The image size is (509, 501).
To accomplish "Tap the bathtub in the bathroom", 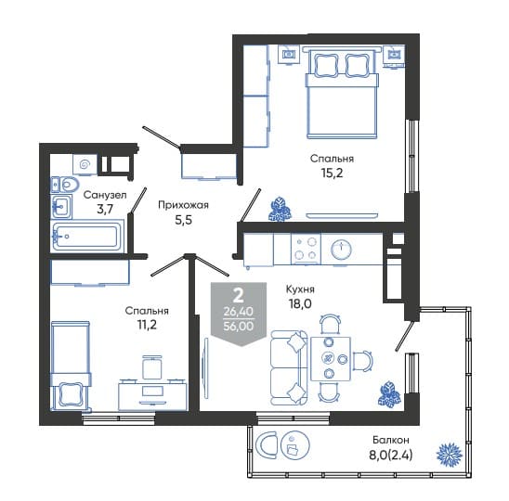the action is click(87, 236).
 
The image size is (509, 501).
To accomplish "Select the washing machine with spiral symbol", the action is click(85, 165).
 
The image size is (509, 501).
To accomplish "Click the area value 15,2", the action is click(332, 173).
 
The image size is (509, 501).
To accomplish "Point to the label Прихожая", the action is click(183, 205).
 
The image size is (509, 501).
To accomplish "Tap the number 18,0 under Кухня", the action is click(300, 303).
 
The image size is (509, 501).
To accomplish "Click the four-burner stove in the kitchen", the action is click(306, 249).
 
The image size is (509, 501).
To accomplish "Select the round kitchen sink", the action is click(342, 250).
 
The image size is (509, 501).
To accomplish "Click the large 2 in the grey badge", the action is click(239, 295).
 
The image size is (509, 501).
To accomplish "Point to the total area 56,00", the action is click(239, 326).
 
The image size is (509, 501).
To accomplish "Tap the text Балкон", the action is click(391, 440).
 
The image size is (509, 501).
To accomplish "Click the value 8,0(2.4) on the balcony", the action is click(391, 456).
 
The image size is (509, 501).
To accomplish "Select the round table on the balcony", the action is click(295, 445).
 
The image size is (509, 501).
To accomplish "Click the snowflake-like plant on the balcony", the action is click(450, 453).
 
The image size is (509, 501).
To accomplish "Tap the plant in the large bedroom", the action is click(281, 209).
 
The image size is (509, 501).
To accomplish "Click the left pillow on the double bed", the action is click(326, 65).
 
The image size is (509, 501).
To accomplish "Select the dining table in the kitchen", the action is click(331, 359).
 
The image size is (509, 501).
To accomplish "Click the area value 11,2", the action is click(147, 325).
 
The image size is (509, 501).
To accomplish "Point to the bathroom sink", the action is click(61, 206).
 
